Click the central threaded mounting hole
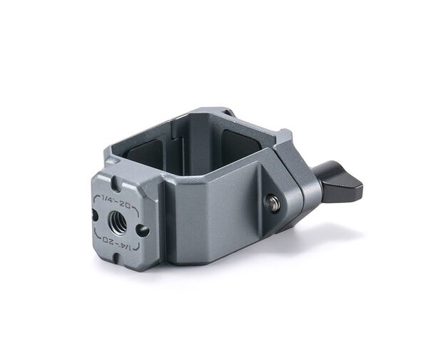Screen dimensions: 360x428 118,222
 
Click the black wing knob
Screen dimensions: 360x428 340,183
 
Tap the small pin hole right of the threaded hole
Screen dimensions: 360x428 142,230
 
